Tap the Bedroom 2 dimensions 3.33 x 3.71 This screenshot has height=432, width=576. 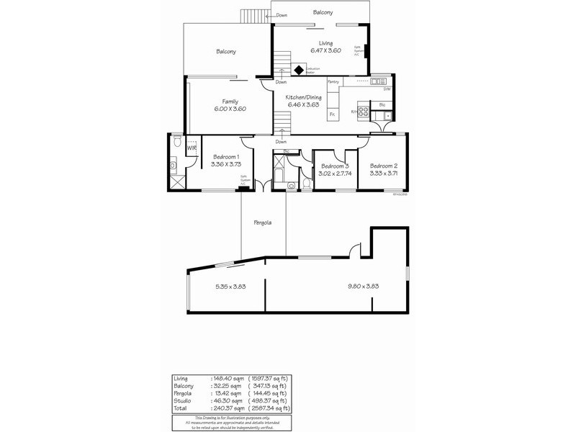384,173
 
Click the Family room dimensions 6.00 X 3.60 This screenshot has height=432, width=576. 230,109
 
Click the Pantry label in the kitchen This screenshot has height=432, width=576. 333,82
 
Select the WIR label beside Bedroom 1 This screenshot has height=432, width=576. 192,148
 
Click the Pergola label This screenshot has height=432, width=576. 263,222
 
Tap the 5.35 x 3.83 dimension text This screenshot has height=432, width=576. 231,287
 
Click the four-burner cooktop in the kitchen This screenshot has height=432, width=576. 364,112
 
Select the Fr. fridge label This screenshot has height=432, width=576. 332,114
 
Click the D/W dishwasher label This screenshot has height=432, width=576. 387,89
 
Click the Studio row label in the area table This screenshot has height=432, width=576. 182,400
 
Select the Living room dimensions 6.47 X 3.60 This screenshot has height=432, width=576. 325,50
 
